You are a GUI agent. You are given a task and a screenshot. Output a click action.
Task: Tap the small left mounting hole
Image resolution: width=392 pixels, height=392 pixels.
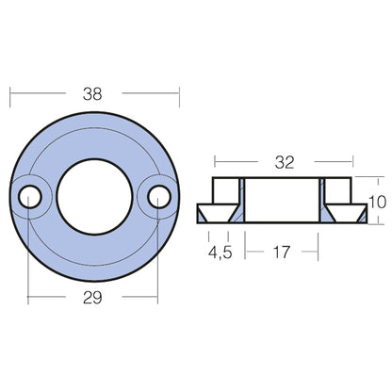[30, 197]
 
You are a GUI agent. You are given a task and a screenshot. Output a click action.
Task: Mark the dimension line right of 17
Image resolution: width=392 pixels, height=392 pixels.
[306, 252]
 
